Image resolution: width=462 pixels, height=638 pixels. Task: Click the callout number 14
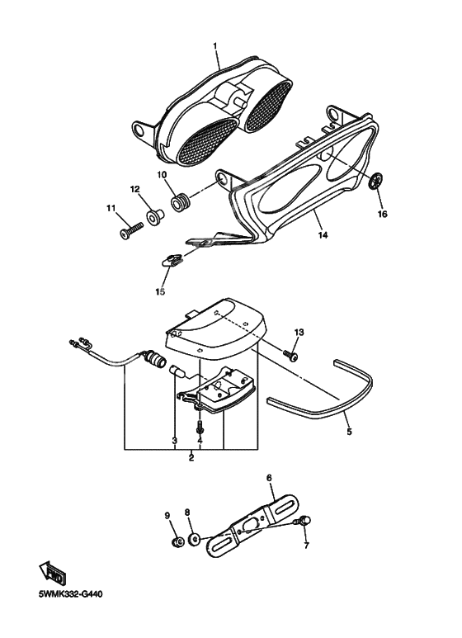tap(323, 235)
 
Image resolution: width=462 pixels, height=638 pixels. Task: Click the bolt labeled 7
tap(306, 520)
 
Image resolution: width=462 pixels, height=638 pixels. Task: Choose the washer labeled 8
tap(193, 540)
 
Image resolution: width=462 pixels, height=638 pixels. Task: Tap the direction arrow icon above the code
tap(55, 572)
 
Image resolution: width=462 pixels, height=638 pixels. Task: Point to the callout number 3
tap(174, 441)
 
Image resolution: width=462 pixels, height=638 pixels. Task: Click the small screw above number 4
tap(200, 430)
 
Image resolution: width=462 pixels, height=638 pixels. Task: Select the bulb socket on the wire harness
tap(153, 359)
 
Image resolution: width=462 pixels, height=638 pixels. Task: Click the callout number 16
tap(381, 215)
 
